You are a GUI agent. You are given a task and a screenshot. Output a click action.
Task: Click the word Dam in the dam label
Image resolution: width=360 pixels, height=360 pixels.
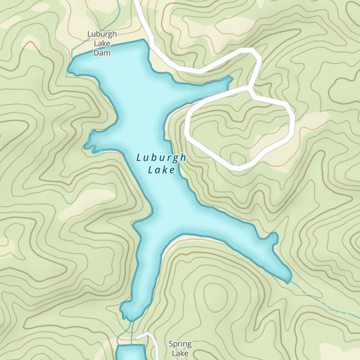click(x=102, y=53)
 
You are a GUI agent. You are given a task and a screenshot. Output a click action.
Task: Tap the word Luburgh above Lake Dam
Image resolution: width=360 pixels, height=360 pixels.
click(x=102, y=34)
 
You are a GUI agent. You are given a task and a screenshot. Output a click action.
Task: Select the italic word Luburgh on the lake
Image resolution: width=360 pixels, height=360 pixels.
click(x=161, y=158)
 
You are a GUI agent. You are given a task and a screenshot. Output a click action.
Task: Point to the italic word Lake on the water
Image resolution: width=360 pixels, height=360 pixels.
click(x=161, y=170)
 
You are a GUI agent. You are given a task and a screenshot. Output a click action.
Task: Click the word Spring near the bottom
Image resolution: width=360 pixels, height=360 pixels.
click(x=180, y=344)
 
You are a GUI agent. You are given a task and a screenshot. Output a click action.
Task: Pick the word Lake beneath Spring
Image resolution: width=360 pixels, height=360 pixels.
click(x=180, y=354)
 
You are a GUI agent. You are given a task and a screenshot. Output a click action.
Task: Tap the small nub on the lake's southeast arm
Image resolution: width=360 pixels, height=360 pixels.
click(x=274, y=238)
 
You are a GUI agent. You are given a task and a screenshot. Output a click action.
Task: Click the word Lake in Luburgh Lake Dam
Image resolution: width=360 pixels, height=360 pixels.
click(x=102, y=44)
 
